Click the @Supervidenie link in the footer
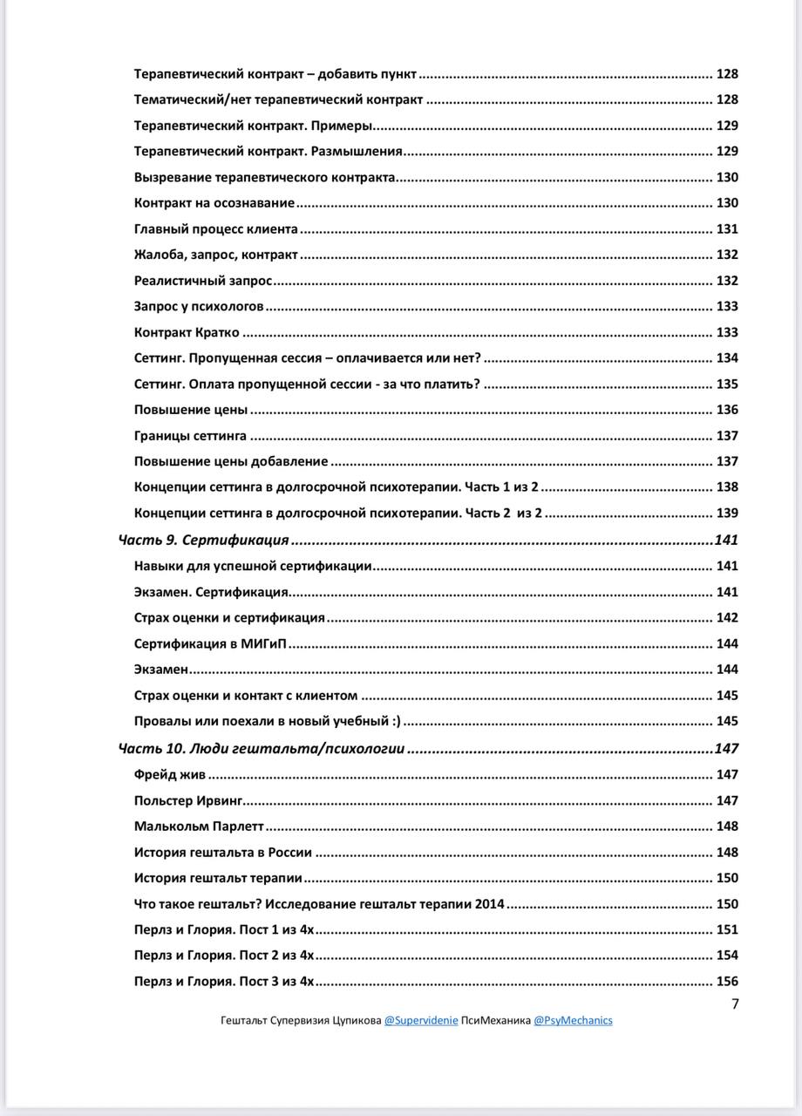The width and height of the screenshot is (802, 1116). [x=421, y=1020]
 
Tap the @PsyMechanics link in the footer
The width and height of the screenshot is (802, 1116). [x=573, y=1020]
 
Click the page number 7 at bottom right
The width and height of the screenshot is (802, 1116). [x=735, y=1004]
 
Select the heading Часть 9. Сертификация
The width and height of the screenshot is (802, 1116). [x=203, y=541]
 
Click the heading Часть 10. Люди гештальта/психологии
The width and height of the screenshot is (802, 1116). [x=262, y=748]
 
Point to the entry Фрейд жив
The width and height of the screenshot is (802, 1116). [x=170, y=774]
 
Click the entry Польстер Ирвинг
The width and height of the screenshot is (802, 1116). [x=187, y=800]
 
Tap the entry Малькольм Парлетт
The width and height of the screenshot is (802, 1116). [x=199, y=827]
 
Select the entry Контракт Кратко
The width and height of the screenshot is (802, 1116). [x=187, y=332]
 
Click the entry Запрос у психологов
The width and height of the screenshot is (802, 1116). [x=199, y=307]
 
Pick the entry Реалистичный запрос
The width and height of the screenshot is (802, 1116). [x=203, y=281]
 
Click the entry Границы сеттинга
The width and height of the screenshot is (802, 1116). [x=190, y=436]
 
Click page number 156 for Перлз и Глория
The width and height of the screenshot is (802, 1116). [x=726, y=981]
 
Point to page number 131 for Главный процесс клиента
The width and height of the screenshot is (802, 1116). [x=726, y=229]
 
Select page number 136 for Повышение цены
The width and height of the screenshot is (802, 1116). [x=726, y=410]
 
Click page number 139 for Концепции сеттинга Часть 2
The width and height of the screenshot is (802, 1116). [x=726, y=514]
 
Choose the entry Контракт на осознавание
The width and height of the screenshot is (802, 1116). [x=214, y=203]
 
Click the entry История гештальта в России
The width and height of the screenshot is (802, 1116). [x=223, y=853]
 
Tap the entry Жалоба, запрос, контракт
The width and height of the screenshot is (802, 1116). [x=215, y=255]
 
